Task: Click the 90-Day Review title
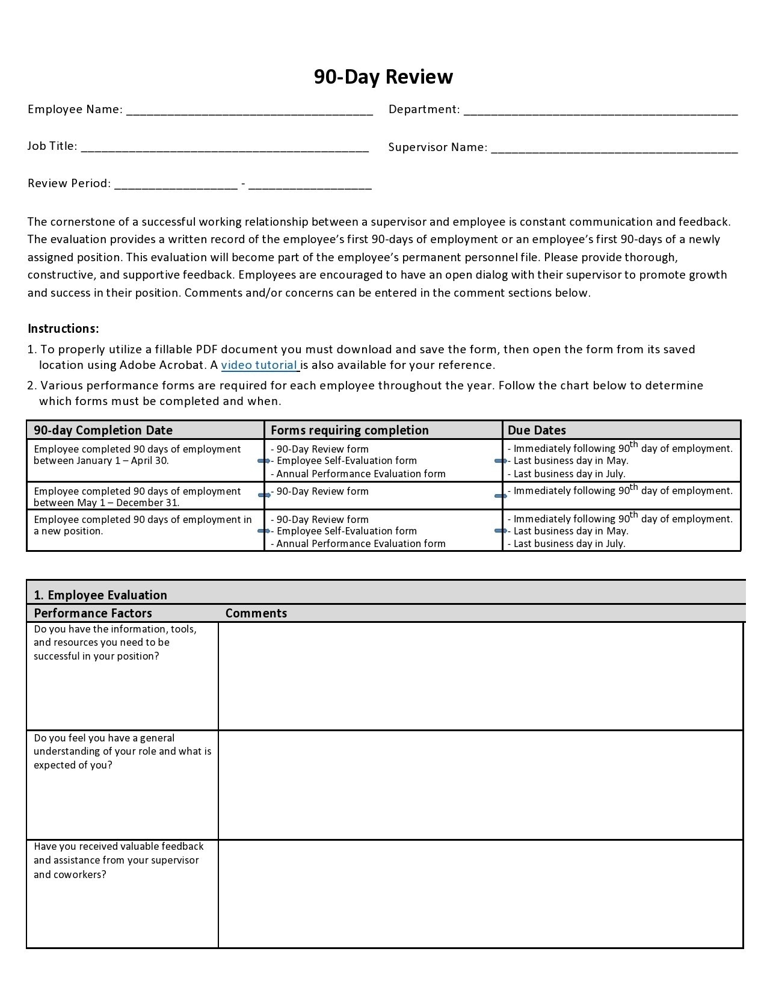383,77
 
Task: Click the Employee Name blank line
249,111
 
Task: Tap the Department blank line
600,111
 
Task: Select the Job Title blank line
224,147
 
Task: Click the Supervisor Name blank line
614,149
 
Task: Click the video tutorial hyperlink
260,365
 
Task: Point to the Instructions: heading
63,329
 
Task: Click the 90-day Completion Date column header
103,430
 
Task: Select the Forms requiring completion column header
350,430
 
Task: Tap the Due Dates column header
537,430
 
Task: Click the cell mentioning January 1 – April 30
137,455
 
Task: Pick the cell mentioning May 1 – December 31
137,497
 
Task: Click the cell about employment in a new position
143,525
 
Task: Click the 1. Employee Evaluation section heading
100,595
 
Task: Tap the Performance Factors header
93,613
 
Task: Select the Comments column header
256,613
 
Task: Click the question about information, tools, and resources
115,643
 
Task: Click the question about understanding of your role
122,752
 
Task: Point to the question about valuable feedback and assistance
119,861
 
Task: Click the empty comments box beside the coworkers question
480,894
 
